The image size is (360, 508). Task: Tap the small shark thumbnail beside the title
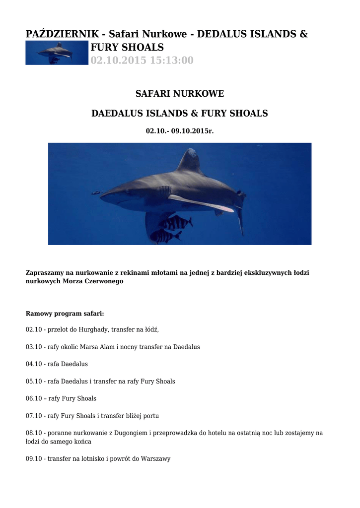pos(57,53)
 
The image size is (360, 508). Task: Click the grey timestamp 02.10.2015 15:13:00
pos(142,61)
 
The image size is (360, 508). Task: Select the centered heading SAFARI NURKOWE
pos(180,94)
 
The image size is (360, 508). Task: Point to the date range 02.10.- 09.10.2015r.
pos(180,131)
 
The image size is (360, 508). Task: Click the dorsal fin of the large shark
pos(191,161)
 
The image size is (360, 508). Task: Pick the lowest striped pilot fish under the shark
pos(165,237)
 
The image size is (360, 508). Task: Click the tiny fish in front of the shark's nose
pos(96,192)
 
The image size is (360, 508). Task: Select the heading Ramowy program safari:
pos(65,314)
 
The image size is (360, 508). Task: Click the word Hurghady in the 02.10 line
pos(94,329)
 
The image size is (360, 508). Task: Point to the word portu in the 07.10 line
pos(150,416)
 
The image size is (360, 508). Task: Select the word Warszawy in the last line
pos(155,459)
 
